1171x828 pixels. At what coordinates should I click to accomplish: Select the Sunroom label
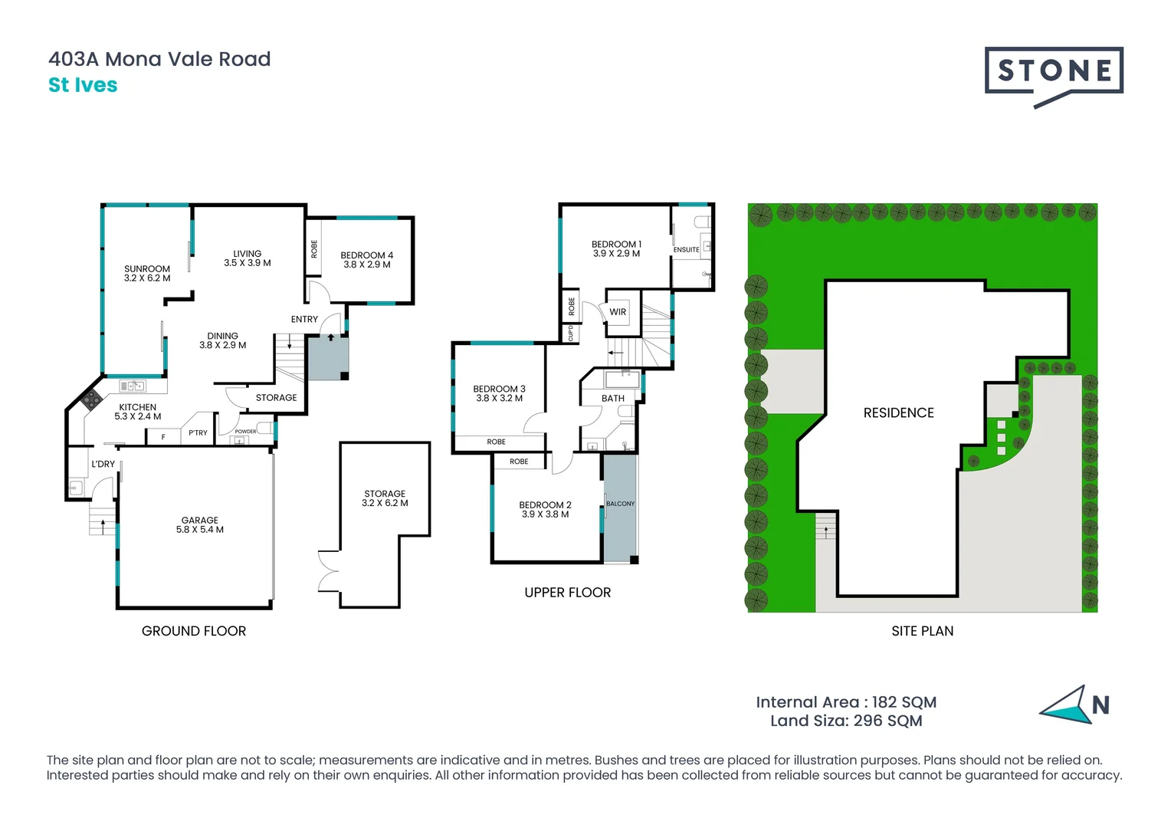point(147,274)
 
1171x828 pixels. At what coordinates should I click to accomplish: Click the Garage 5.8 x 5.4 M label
point(200,525)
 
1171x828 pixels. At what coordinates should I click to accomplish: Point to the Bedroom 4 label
point(367,260)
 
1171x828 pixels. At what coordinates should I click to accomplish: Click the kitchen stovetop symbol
point(91,398)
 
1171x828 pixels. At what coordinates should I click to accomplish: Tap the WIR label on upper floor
point(618,312)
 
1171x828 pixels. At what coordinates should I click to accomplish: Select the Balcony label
point(620,504)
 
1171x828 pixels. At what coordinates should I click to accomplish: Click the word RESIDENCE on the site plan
point(898,413)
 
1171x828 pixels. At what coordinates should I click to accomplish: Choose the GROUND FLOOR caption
point(194,631)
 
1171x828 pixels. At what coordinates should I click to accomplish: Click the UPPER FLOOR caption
point(567,593)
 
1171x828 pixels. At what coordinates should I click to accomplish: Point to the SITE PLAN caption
point(922,631)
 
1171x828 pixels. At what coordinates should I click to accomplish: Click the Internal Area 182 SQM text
point(846,702)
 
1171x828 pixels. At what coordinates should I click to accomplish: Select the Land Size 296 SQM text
point(846,721)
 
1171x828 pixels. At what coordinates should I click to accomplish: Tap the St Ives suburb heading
point(83,85)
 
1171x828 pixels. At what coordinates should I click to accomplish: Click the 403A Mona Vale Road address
point(159,59)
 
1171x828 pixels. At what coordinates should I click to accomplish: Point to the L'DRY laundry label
point(103,464)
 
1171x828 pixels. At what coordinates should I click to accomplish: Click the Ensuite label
point(686,250)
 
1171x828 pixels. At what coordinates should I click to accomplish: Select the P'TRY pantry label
point(198,433)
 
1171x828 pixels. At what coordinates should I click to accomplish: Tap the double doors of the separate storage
point(328,571)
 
